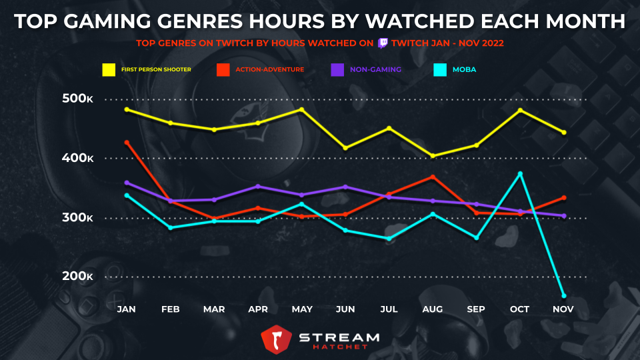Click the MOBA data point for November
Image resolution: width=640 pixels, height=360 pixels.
(564, 295)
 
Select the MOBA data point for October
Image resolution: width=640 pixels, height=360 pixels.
(520, 174)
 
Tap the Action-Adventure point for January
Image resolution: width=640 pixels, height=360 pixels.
(127, 143)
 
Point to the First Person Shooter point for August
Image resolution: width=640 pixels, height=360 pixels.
(433, 156)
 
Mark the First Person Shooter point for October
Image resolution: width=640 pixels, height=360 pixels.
(520, 110)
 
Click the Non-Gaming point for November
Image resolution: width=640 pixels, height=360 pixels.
(564, 216)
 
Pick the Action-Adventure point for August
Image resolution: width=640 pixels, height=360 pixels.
(433, 177)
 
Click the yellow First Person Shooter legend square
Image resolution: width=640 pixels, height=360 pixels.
(109, 69)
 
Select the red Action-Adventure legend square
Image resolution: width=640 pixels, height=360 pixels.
(223, 69)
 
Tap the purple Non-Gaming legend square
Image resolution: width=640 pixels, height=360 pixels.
(337, 69)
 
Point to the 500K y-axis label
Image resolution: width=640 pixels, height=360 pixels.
(77, 99)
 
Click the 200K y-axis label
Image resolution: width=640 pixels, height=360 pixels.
(77, 277)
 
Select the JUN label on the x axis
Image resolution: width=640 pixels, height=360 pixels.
(345, 309)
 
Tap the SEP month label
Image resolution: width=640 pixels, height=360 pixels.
(476, 309)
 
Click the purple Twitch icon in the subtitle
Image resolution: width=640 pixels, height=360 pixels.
(383, 43)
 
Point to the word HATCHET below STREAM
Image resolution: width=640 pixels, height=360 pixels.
(339, 348)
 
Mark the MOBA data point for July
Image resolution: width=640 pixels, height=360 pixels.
(389, 238)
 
